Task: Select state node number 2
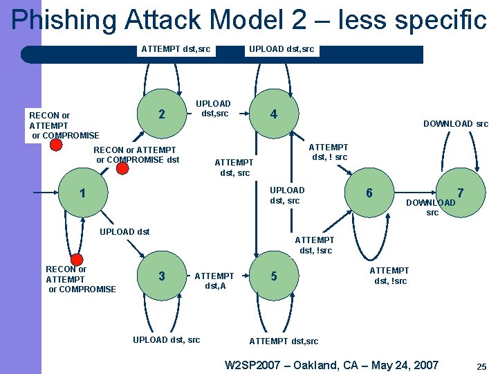tap(162, 114)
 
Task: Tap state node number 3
tap(162, 276)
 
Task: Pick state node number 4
tap(274, 114)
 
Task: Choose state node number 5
tap(274, 276)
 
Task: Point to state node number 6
tap(369, 193)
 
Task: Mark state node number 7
tap(459, 193)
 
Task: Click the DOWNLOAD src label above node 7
tap(455, 124)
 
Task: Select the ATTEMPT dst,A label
tap(214, 280)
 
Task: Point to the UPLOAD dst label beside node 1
tap(125, 231)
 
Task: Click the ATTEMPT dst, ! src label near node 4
tap(328, 152)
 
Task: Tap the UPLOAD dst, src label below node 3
tap(166, 339)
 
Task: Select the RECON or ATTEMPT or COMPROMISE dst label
tap(136, 155)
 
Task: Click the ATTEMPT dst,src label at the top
tap(176, 48)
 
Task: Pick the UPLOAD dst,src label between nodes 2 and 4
tap(215, 109)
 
